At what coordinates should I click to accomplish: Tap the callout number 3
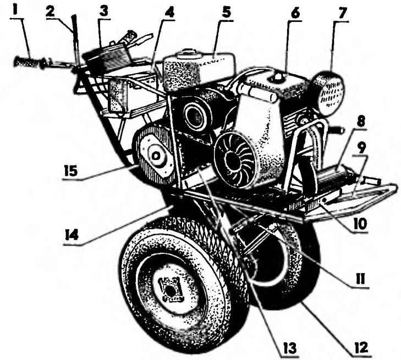point(103,12)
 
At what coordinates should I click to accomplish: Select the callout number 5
point(226,12)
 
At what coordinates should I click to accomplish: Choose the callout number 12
point(360,347)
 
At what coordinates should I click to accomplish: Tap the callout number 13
point(289,348)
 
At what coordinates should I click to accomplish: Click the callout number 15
point(70,171)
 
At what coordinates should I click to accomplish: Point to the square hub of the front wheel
point(169,289)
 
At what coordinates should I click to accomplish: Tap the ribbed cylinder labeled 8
point(332,176)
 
